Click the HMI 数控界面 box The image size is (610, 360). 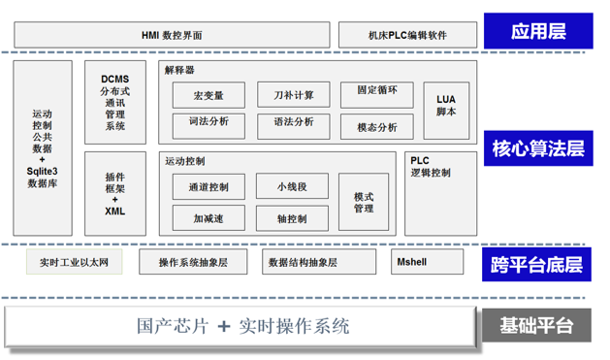pyautogui.click(x=173, y=35)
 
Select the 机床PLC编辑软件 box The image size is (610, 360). pyautogui.click(x=407, y=35)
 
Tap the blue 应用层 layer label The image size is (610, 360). pyautogui.click(x=537, y=32)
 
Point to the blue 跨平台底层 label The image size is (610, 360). pyautogui.click(x=537, y=263)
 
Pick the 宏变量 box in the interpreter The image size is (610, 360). pyautogui.click(x=209, y=95)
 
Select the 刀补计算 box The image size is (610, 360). pyautogui.click(x=293, y=94)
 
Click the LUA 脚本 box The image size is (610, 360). pyautogui.click(x=446, y=105)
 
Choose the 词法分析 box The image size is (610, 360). pyautogui.click(x=209, y=122)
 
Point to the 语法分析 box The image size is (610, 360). pyautogui.click(x=293, y=122)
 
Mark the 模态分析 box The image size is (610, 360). pyautogui.click(x=377, y=127)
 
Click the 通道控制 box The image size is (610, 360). pyautogui.click(x=209, y=187)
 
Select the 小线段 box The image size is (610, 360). pyautogui.click(x=293, y=187)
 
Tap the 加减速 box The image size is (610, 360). pyautogui.click(x=209, y=218)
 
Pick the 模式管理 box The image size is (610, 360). pyautogui.click(x=364, y=202)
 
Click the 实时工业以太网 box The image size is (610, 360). pyautogui.click(x=80, y=262)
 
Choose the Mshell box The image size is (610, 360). pyautogui.click(x=413, y=262)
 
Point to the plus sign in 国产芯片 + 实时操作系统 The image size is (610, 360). pyautogui.click(x=224, y=327)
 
